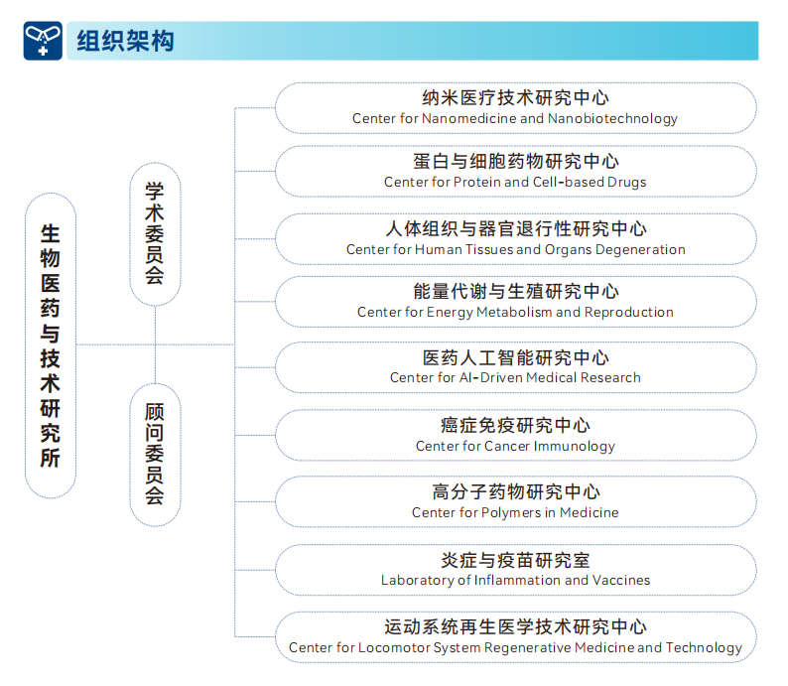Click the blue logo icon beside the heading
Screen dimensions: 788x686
tap(43, 41)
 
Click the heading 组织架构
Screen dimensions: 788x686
tap(125, 41)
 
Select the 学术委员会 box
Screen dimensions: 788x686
tap(155, 234)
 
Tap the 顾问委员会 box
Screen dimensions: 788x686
tap(155, 455)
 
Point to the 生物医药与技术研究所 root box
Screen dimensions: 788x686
tap(51, 345)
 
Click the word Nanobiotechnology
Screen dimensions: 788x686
tap(612, 118)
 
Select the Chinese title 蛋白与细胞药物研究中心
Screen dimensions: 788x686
tap(516, 161)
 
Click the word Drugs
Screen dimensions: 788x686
tap(626, 182)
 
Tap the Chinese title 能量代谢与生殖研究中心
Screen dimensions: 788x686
tap(516, 292)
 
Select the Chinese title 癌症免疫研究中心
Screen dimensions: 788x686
tap(516, 426)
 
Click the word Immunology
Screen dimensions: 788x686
tap(575, 447)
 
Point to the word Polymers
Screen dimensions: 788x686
tap(511, 512)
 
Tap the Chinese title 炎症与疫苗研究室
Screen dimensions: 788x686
tap(516, 560)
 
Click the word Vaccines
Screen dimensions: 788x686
tap(621, 580)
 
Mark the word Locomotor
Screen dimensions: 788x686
tap(394, 647)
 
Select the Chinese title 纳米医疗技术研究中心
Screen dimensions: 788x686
tap(516, 98)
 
